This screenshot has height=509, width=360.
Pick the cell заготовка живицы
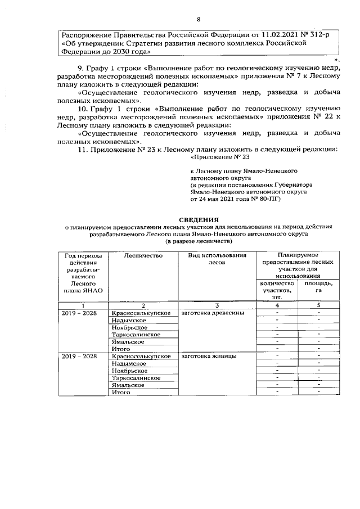click(205, 356)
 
